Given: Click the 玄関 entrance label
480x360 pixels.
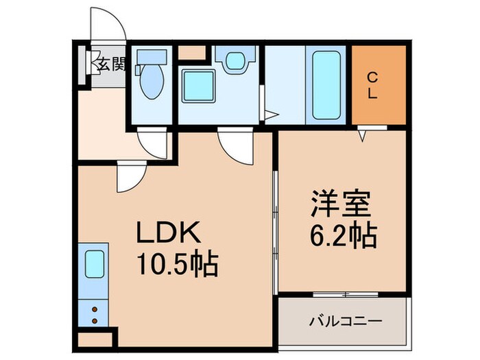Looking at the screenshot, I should point(110,65).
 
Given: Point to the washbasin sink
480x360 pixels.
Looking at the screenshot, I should point(235,60).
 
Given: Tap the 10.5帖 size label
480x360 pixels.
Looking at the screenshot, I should point(178,264).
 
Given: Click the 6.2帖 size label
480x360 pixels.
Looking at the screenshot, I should point(341,237).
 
